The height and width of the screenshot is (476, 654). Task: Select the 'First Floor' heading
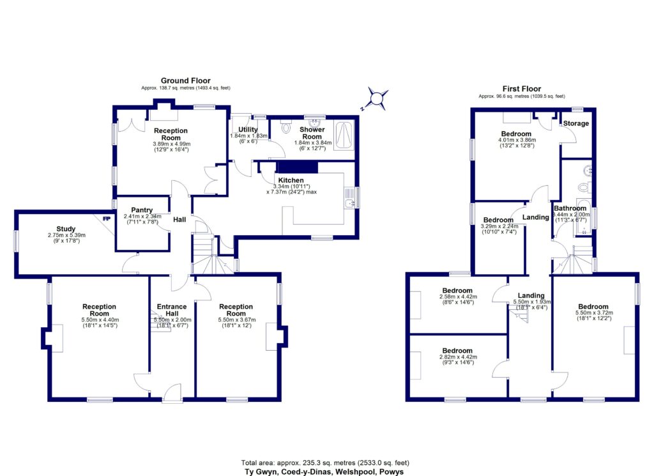coord(521,89)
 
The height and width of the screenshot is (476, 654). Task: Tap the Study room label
coord(66,229)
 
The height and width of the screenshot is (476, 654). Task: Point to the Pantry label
coord(141,210)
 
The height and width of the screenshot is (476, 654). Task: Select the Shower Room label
coord(312,133)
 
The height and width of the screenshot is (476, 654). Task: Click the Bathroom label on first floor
coord(570,208)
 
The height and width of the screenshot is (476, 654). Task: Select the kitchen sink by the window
coord(347,203)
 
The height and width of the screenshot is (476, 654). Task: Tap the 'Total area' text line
coord(326,462)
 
